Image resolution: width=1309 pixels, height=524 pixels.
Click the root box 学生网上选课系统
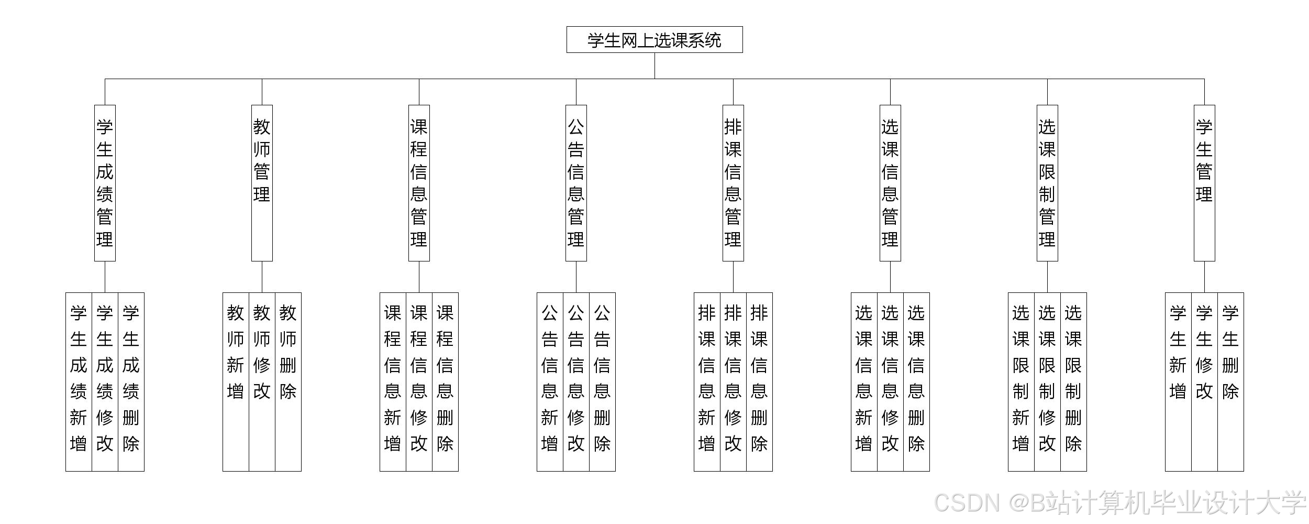[654, 40]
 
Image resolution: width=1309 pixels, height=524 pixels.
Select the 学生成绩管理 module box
[105, 183]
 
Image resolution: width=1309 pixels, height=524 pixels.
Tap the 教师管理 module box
[262, 183]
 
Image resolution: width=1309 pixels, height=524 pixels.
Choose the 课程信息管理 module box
[419, 183]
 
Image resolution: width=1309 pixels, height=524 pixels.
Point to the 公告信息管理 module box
[576, 183]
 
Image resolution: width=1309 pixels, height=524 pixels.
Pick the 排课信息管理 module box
[733, 183]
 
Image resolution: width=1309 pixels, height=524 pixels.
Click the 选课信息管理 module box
[890, 183]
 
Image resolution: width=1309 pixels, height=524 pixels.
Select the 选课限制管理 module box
[1047, 183]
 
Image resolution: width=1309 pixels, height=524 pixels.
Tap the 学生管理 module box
[1204, 183]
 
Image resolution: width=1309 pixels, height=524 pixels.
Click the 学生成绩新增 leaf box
[79, 381]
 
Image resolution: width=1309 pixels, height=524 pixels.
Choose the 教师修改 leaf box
[262, 381]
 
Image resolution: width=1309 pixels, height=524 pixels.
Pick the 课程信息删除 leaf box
[445, 381]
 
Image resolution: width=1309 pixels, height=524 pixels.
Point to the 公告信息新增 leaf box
[550, 381]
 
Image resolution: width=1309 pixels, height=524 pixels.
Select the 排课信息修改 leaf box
[733, 381]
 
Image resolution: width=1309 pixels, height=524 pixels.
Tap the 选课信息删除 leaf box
[916, 381]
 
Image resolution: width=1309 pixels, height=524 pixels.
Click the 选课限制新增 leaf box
[1021, 381]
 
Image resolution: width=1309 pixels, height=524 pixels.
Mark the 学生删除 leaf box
[1230, 381]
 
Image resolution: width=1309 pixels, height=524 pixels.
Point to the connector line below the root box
[654, 65]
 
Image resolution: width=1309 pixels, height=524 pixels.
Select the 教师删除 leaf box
[288, 381]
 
